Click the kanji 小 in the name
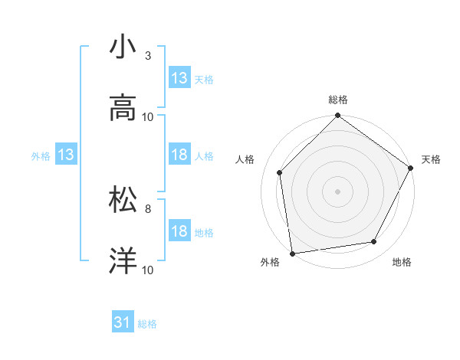coord(123,47)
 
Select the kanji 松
coord(123,200)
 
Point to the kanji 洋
coord(123,261)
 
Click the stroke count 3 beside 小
coord(148,56)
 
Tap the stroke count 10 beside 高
coord(148,117)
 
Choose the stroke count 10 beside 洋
coord(148,270)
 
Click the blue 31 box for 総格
coord(123,323)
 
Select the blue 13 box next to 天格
coord(179,78)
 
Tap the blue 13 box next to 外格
coord(66,155)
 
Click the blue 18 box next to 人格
coord(179,155)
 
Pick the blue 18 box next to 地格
coord(179,232)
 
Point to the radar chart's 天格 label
coord(431,159)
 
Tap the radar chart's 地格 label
coord(402,262)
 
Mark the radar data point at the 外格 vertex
coord(292,253)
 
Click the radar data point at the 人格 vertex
coord(280,172)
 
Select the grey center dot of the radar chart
coord(338,191)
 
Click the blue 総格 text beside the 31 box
coord(147,324)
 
